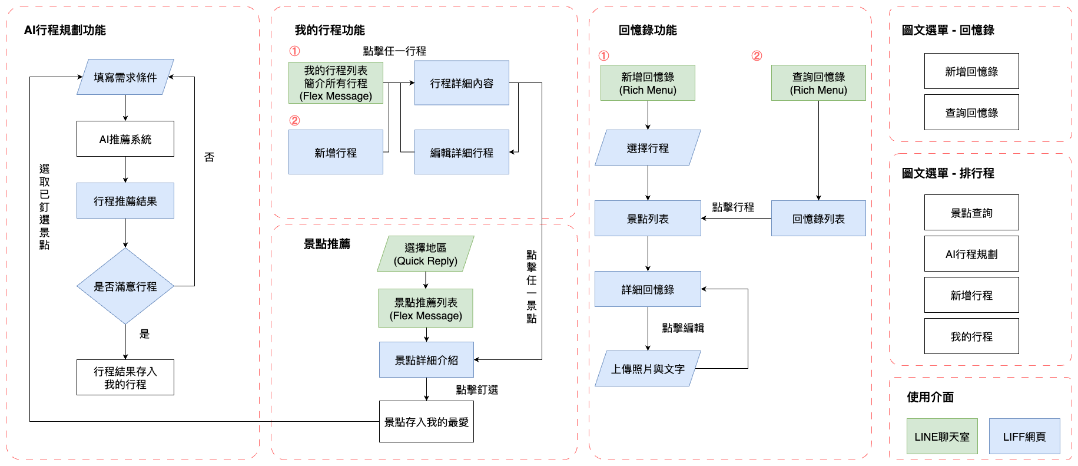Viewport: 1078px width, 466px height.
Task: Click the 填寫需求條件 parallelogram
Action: tap(125, 77)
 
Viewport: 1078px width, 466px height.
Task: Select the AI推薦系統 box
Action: tap(125, 139)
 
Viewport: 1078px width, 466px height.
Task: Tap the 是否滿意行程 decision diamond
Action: tap(125, 286)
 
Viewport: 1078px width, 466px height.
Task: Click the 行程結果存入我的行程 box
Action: tap(125, 378)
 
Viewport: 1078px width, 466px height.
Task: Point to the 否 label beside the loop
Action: tap(209, 157)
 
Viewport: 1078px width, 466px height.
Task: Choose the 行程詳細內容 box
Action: tap(462, 83)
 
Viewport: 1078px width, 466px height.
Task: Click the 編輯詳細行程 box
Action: tap(462, 153)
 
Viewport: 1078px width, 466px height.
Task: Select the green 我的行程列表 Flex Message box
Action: tap(336, 83)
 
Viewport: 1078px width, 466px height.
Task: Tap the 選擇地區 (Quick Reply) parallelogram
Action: tap(426, 254)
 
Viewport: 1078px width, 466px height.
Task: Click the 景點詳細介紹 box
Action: tap(426, 360)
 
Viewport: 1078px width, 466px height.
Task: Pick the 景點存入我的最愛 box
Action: tap(426, 422)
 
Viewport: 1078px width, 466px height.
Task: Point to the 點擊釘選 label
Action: tap(477, 390)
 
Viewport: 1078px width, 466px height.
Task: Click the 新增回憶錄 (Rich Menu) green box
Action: tap(648, 83)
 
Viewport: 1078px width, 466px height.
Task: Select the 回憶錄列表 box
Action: tap(818, 219)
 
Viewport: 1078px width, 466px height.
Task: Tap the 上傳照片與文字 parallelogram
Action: tap(648, 369)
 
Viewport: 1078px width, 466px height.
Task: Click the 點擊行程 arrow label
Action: tap(733, 207)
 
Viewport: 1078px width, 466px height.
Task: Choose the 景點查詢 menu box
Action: tap(971, 213)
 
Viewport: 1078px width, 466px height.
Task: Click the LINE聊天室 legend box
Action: tap(942, 437)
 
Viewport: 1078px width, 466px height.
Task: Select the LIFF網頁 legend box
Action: tap(1024, 437)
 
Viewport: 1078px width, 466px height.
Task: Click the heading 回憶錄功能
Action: tap(648, 30)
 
